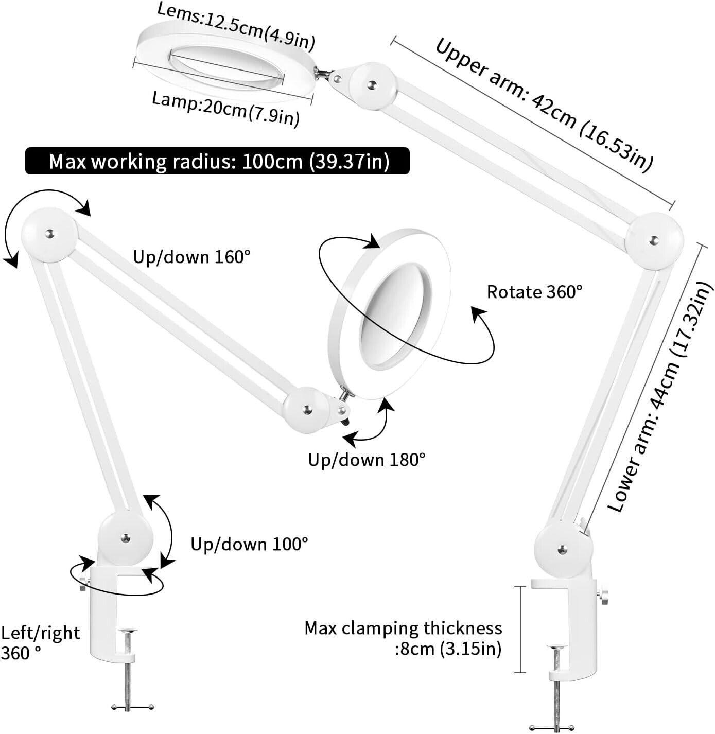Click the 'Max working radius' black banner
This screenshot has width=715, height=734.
[217, 161]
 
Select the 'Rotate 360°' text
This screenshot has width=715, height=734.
[534, 292]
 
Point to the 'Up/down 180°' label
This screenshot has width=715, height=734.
[367, 459]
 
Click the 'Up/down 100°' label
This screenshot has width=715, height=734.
[249, 544]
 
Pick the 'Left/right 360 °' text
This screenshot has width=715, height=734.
[40, 642]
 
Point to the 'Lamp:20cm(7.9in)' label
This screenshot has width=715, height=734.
[225, 109]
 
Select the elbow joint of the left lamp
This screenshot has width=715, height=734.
[49, 235]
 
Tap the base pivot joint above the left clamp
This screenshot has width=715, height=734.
[126, 538]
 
